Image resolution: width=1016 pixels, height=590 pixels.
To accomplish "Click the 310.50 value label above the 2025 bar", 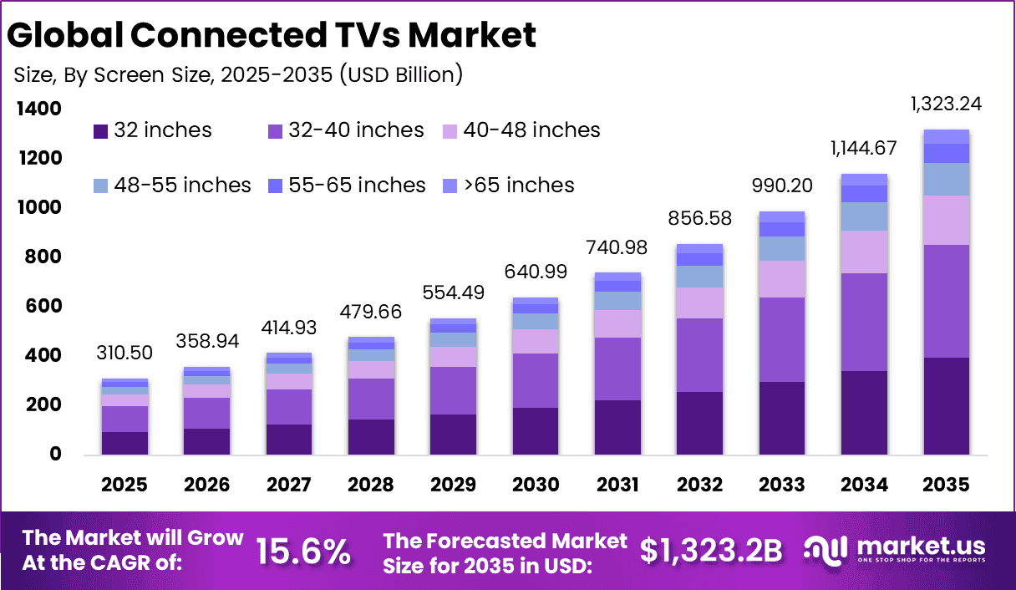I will pos(124,352).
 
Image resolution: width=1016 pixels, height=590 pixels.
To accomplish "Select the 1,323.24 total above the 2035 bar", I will pos(946,104).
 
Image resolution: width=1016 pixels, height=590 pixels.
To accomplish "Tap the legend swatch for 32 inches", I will pos(100,131).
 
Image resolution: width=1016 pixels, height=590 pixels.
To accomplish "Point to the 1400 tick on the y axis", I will pos(38,109).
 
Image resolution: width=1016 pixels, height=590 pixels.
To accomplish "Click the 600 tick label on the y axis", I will pos(38,307).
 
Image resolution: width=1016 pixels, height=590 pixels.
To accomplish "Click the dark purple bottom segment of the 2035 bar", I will pos(946,405).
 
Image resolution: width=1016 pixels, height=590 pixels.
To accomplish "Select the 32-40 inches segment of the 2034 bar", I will pos(864,322).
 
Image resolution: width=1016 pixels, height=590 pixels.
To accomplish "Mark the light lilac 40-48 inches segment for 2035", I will pos(946,220).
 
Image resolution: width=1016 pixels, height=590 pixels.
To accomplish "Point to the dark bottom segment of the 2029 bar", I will pos(453,434).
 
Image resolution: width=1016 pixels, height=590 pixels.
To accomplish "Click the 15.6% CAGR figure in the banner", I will pos(302,552).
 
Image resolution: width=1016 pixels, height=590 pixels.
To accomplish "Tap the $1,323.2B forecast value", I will pos(711,552).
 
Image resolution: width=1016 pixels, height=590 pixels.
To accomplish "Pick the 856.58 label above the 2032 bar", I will pos(699,219).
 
